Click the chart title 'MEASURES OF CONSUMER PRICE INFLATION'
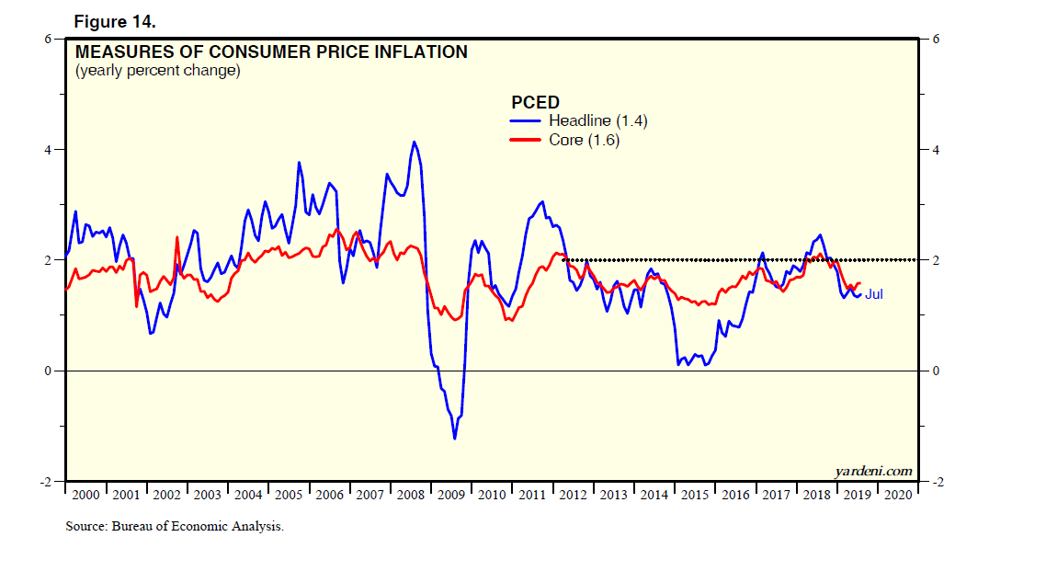[271, 52]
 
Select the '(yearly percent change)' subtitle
[157, 71]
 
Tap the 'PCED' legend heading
[535, 102]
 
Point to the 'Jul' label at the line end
[873, 294]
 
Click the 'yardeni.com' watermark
[873, 471]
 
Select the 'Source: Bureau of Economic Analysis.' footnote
[175, 527]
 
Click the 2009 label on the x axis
[450, 495]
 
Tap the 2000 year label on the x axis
[85, 495]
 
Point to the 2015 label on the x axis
[694, 495]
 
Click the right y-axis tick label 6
[935, 39]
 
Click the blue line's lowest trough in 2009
[454, 439]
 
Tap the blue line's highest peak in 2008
[414, 142]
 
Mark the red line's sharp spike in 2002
[176, 237]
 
